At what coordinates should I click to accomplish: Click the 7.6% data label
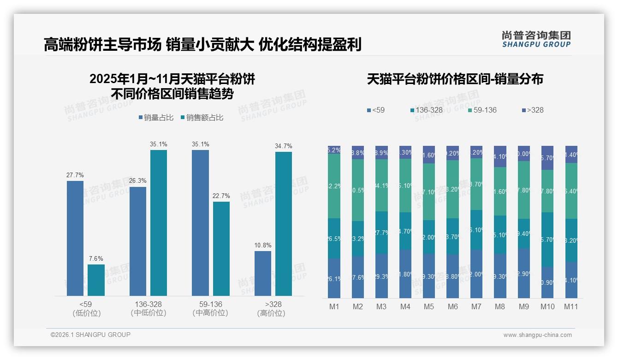pos(96,258)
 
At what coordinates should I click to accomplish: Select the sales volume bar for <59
pos(75,238)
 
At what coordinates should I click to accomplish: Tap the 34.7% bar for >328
pos(284,224)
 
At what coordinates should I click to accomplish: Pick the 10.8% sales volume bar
pos(263,273)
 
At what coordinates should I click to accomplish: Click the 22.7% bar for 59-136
pos(221,248)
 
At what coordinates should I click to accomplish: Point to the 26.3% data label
pos(138,181)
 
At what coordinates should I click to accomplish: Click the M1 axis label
pos(334,306)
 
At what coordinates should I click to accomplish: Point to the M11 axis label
pos(571,306)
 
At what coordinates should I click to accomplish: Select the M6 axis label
pos(452,306)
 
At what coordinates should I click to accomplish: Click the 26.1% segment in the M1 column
pos(334,278)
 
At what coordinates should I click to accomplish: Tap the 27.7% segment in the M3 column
pos(381,233)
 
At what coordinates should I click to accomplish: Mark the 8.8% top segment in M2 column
pos(358,153)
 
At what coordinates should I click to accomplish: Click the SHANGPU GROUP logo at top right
pos(536,39)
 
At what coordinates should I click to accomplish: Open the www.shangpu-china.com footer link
pos(537,335)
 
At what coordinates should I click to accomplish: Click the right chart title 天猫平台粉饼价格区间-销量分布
pos(455,79)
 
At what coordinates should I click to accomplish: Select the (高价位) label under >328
pos(271,313)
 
